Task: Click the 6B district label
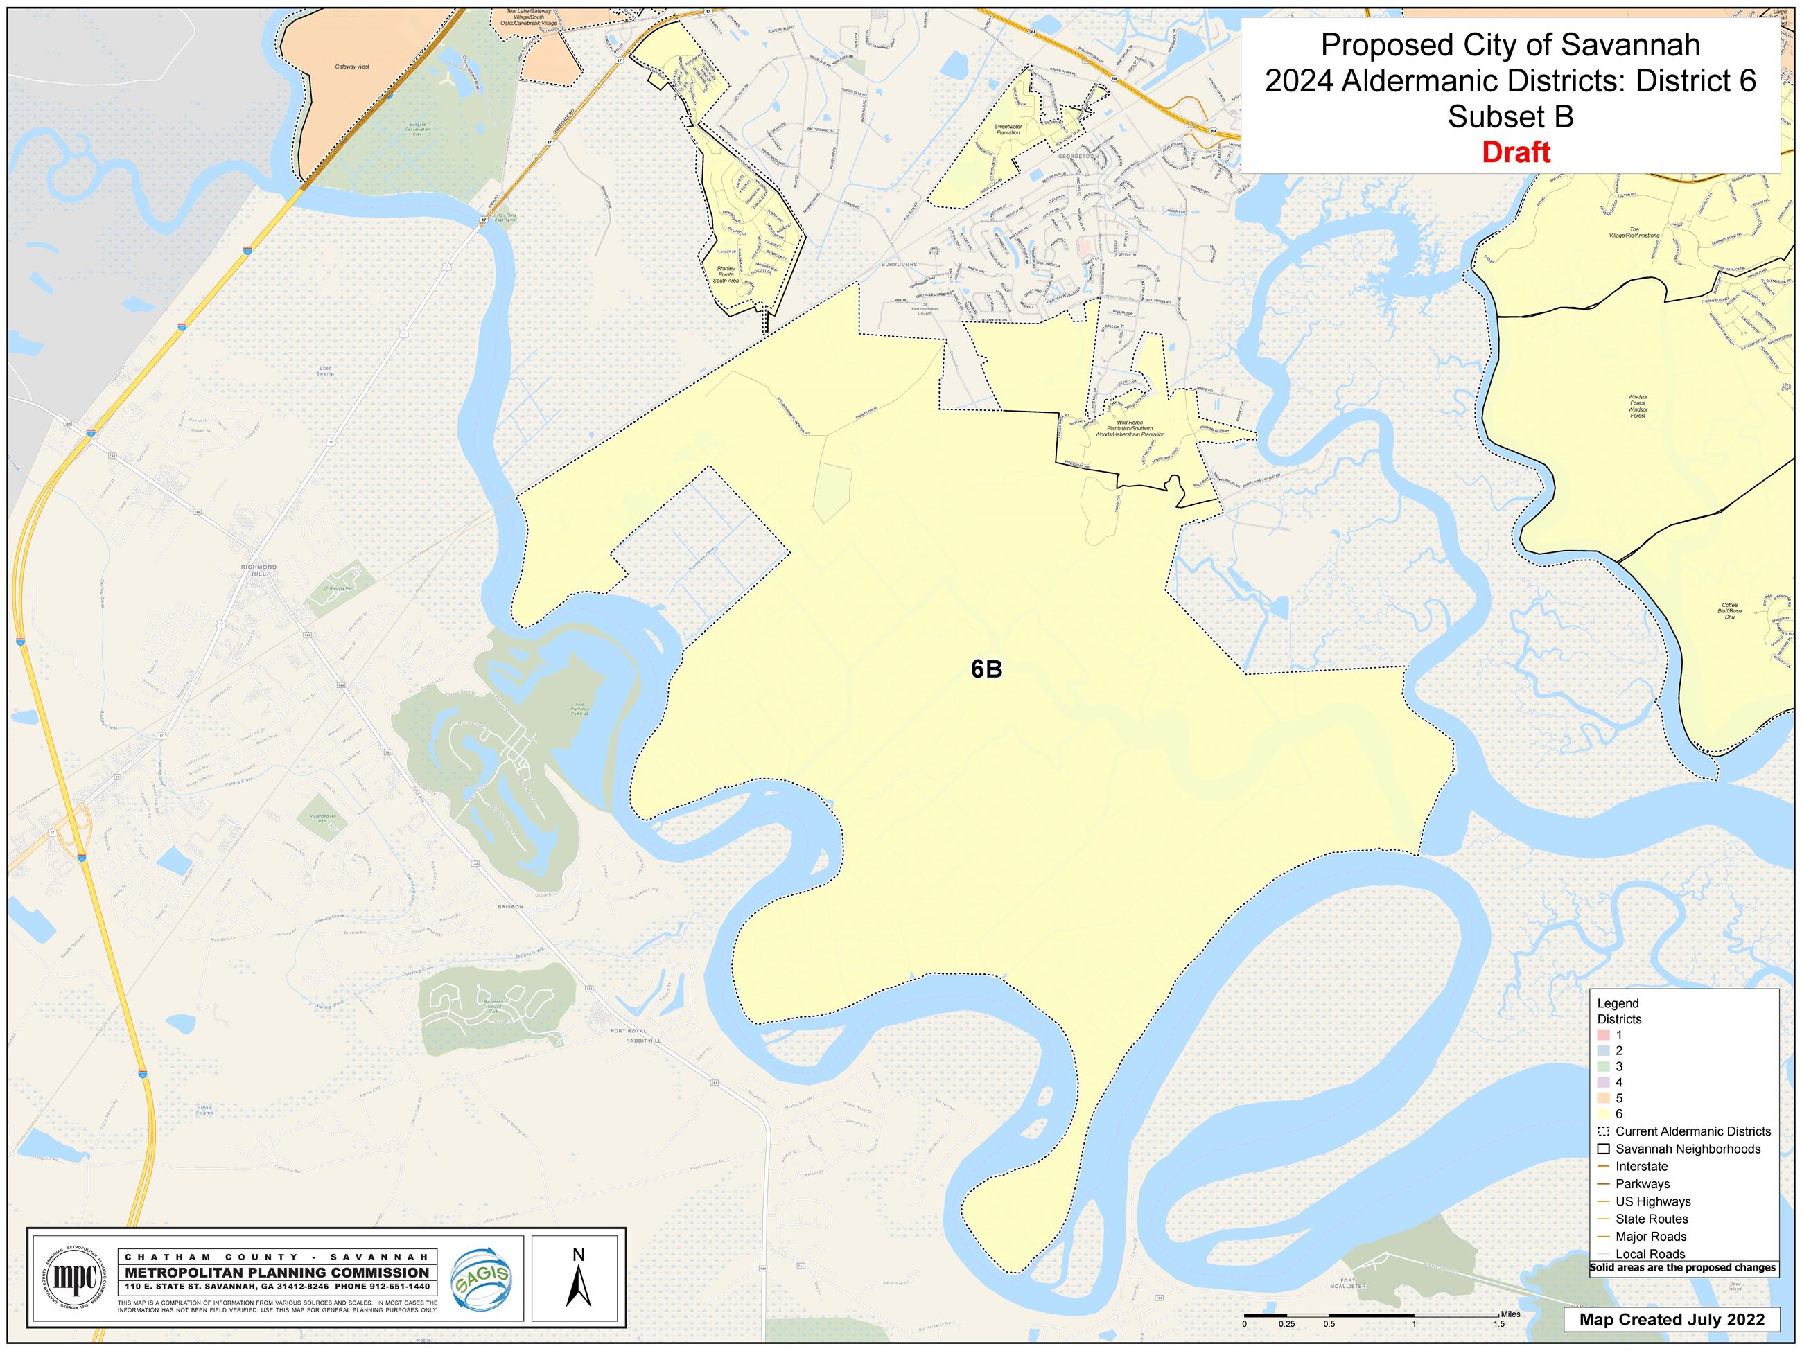[x=986, y=669]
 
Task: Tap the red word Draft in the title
[x=1515, y=152]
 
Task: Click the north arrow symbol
[x=579, y=1278]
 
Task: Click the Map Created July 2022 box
[x=1672, y=1319]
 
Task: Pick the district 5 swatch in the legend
[x=1603, y=1097]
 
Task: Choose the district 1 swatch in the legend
[x=1603, y=1034]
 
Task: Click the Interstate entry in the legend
[x=1641, y=1166]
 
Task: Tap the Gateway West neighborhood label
[x=352, y=66]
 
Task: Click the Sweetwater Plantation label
[x=1008, y=129]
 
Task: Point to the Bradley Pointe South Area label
[x=726, y=274]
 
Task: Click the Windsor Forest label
[x=1638, y=405]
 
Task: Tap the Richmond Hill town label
[x=259, y=569]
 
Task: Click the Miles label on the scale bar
[x=1510, y=1314]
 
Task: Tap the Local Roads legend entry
[x=1650, y=1254]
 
